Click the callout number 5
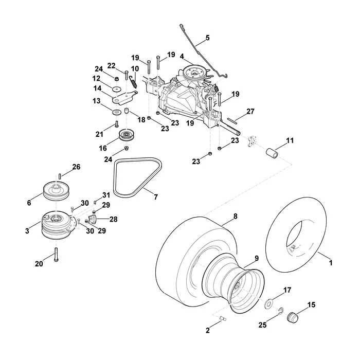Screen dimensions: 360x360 point(207,38)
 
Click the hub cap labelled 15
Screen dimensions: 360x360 point(293,317)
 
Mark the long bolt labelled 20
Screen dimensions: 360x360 point(56,254)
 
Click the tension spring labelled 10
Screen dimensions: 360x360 point(133,82)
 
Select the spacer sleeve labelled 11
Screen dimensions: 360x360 point(272,153)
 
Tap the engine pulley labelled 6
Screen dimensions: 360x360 point(56,191)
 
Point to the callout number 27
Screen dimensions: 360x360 point(250,112)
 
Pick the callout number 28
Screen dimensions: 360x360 point(114,219)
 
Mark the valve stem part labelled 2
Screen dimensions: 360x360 point(223,318)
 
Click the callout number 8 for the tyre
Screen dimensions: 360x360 point(236,217)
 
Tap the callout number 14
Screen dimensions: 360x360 point(97,88)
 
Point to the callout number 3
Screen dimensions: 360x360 point(27,230)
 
